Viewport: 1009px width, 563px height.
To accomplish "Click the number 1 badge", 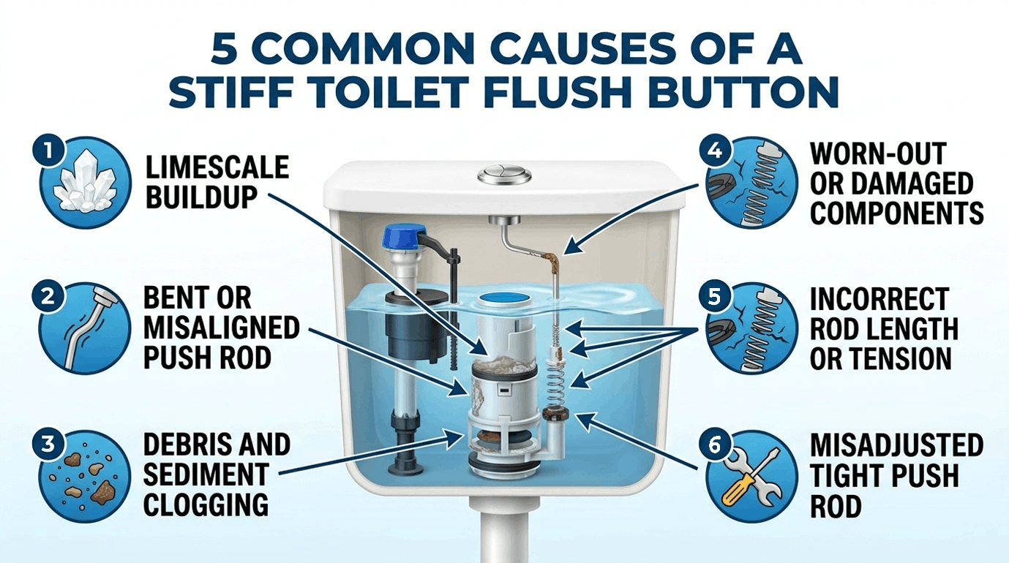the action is [x=48, y=151].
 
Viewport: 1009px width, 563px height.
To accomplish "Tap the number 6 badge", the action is [x=715, y=445].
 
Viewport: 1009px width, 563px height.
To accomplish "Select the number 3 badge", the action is [x=48, y=445].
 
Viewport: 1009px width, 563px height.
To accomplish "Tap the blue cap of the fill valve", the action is [x=400, y=238].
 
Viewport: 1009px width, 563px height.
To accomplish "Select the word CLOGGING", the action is [x=206, y=504].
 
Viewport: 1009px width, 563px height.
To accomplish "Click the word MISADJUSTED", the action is [x=896, y=445].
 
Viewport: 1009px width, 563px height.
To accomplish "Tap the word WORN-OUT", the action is [x=878, y=154].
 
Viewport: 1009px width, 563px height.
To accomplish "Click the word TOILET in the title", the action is [x=375, y=92].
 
